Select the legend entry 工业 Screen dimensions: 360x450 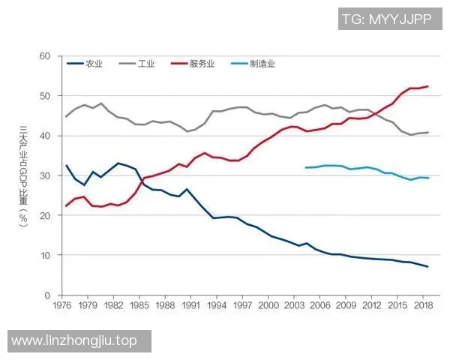click(146, 64)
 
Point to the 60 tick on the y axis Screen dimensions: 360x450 click(44, 56)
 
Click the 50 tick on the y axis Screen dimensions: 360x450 click(44, 96)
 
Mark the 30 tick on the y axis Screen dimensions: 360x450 click(44, 175)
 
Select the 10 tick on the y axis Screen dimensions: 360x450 click(44, 255)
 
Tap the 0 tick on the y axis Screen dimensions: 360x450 click(46, 295)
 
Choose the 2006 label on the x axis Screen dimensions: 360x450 click(320, 306)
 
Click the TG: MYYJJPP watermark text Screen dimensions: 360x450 click(387, 19)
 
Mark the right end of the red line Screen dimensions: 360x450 click(428, 86)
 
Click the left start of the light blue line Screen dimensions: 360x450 click(305, 167)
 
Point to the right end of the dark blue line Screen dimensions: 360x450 click(428, 267)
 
